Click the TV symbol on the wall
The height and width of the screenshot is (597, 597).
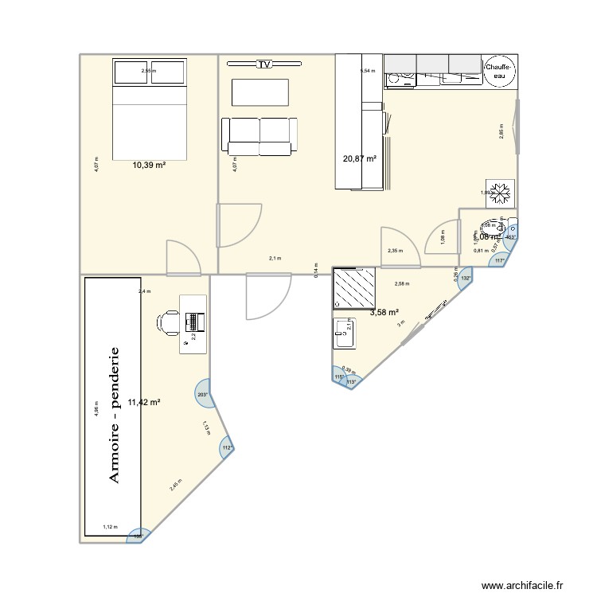[264, 64]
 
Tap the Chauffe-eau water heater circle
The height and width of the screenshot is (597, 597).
[498, 72]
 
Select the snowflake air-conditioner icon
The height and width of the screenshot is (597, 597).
[502, 191]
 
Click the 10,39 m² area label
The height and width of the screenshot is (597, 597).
[149, 166]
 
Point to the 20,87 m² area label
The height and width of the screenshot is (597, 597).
[359, 159]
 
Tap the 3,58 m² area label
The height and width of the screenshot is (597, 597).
[384, 313]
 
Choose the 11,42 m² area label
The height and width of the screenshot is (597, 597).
[144, 403]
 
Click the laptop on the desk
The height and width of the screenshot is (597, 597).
[193, 322]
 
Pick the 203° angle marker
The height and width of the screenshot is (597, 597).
[202, 394]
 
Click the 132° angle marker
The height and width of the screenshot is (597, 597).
[465, 278]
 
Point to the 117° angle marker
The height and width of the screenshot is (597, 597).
[500, 260]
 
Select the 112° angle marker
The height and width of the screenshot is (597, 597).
[226, 447]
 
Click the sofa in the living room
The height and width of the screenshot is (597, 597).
[259, 136]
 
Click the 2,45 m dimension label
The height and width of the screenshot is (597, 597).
[175, 486]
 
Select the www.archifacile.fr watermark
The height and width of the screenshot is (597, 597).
[521, 583]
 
